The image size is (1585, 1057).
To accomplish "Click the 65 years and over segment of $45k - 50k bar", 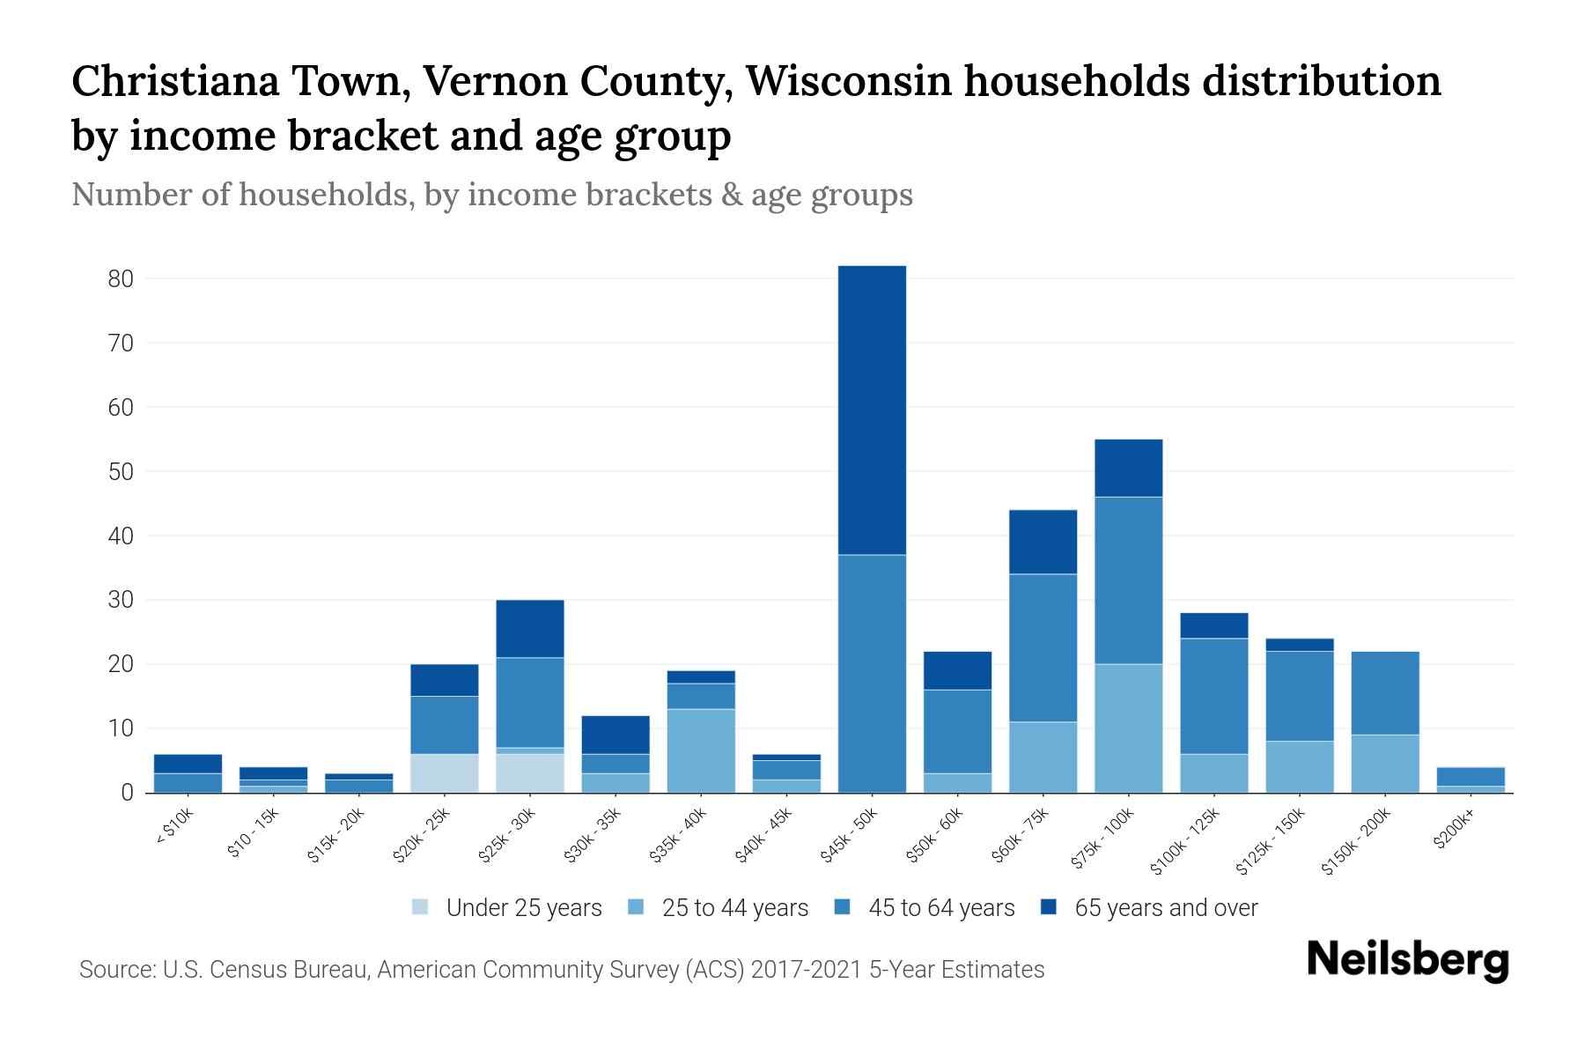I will click(x=872, y=410).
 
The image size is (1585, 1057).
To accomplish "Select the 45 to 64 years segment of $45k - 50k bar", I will click(x=872, y=674).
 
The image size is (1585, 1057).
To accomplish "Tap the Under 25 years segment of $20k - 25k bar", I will click(x=444, y=773).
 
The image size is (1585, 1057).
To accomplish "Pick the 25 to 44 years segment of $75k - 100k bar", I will click(x=1128, y=728).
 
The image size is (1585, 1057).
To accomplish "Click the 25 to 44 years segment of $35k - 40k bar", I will click(x=701, y=751).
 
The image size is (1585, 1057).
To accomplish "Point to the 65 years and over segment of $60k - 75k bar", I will click(x=1043, y=542).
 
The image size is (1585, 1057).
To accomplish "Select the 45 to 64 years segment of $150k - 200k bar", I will click(x=1385, y=693).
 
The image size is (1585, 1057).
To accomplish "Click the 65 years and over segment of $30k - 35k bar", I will click(x=616, y=735).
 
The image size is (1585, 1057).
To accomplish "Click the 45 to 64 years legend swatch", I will click(x=843, y=907).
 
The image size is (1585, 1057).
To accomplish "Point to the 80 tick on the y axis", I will click(x=121, y=279).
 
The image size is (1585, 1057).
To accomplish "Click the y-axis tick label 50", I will click(x=121, y=472).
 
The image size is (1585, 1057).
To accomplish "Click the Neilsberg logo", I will click(x=1407, y=960).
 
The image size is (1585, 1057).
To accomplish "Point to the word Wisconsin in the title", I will click(x=850, y=81).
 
